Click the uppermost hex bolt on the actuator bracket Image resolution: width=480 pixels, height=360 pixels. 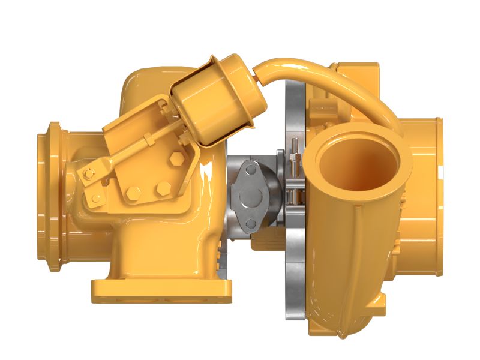[176, 158]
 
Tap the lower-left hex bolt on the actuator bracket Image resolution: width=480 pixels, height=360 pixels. [134, 193]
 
